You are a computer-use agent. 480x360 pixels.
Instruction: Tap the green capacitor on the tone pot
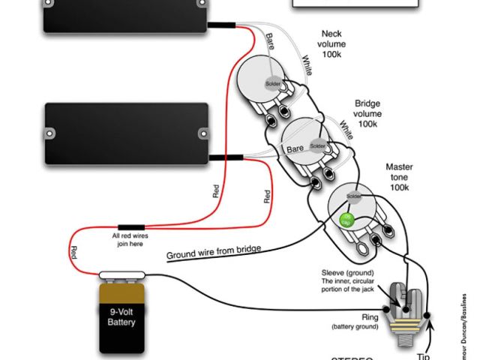click(x=347, y=220)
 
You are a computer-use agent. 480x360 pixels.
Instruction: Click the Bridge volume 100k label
click(x=368, y=113)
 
